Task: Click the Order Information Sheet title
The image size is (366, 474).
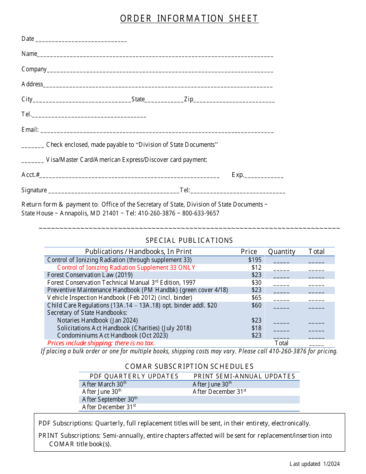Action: coord(189,18)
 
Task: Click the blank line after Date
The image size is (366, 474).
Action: coord(81,40)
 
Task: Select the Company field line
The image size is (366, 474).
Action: coord(160,71)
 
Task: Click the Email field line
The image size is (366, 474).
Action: coord(157,131)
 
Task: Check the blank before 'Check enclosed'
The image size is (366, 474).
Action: coord(33,146)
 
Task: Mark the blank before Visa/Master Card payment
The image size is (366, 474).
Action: coord(33,161)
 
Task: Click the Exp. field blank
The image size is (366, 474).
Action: coord(264,176)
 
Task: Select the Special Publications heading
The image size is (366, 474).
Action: coord(189,240)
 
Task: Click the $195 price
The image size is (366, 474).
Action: coord(255,260)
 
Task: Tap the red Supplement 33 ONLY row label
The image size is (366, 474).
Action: coord(126,267)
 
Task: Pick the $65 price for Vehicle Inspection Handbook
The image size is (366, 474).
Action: coord(256,298)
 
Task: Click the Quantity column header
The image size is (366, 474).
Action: coord(282,252)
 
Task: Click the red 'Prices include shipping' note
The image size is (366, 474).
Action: coord(101,343)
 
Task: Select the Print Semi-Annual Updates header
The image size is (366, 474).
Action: coord(244,376)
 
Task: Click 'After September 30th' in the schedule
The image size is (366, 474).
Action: coord(110,399)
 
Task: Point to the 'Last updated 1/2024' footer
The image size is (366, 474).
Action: coord(315,464)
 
